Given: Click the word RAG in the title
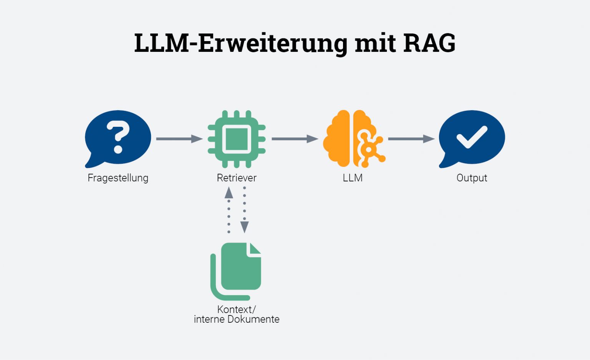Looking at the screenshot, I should pyautogui.click(x=429, y=43).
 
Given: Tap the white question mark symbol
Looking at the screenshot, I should pyautogui.click(x=118, y=136).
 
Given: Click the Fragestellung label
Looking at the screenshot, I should pyautogui.click(x=118, y=178).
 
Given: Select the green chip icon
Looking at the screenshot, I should pyautogui.click(x=237, y=139).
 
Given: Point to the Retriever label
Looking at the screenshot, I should pyautogui.click(x=237, y=178).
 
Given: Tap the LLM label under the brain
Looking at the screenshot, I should pyautogui.click(x=353, y=178).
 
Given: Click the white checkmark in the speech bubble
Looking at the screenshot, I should pyautogui.click(x=472, y=137).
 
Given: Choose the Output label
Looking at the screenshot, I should pyautogui.click(x=472, y=178).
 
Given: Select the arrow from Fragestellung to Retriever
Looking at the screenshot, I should pyautogui.click(x=179, y=139).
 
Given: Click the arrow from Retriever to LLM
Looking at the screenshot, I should pyautogui.click(x=295, y=139).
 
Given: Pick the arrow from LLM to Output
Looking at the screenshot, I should pyautogui.click(x=411, y=139).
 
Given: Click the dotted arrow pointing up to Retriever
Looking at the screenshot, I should pyautogui.click(x=229, y=209).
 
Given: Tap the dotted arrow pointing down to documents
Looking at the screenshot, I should pyautogui.click(x=244, y=209).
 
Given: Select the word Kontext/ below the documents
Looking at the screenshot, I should pyautogui.click(x=236, y=309).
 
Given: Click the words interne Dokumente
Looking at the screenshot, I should pyautogui.click(x=237, y=319).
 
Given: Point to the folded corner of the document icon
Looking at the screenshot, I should pyautogui.click(x=255, y=249).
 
